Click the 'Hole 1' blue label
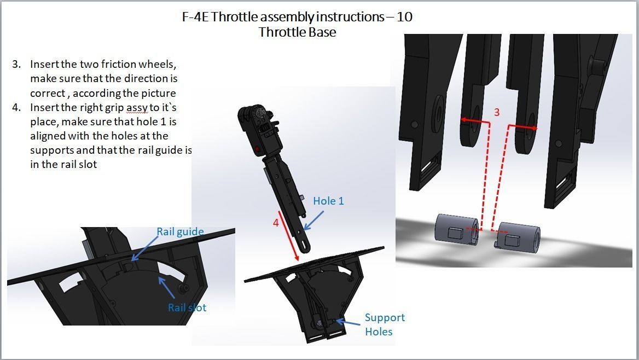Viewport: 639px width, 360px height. coord(328,201)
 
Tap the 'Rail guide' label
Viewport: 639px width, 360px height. coord(180,231)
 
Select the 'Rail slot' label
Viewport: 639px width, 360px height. coord(187,307)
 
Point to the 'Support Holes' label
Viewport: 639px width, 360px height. coord(385,324)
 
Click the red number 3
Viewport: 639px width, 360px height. coord(497,112)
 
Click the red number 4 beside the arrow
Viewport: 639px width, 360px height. coord(276,223)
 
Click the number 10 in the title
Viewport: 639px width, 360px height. coord(405,17)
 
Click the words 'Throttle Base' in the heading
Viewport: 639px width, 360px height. coord(297,32)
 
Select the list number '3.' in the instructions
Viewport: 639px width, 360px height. coord(16,65)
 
